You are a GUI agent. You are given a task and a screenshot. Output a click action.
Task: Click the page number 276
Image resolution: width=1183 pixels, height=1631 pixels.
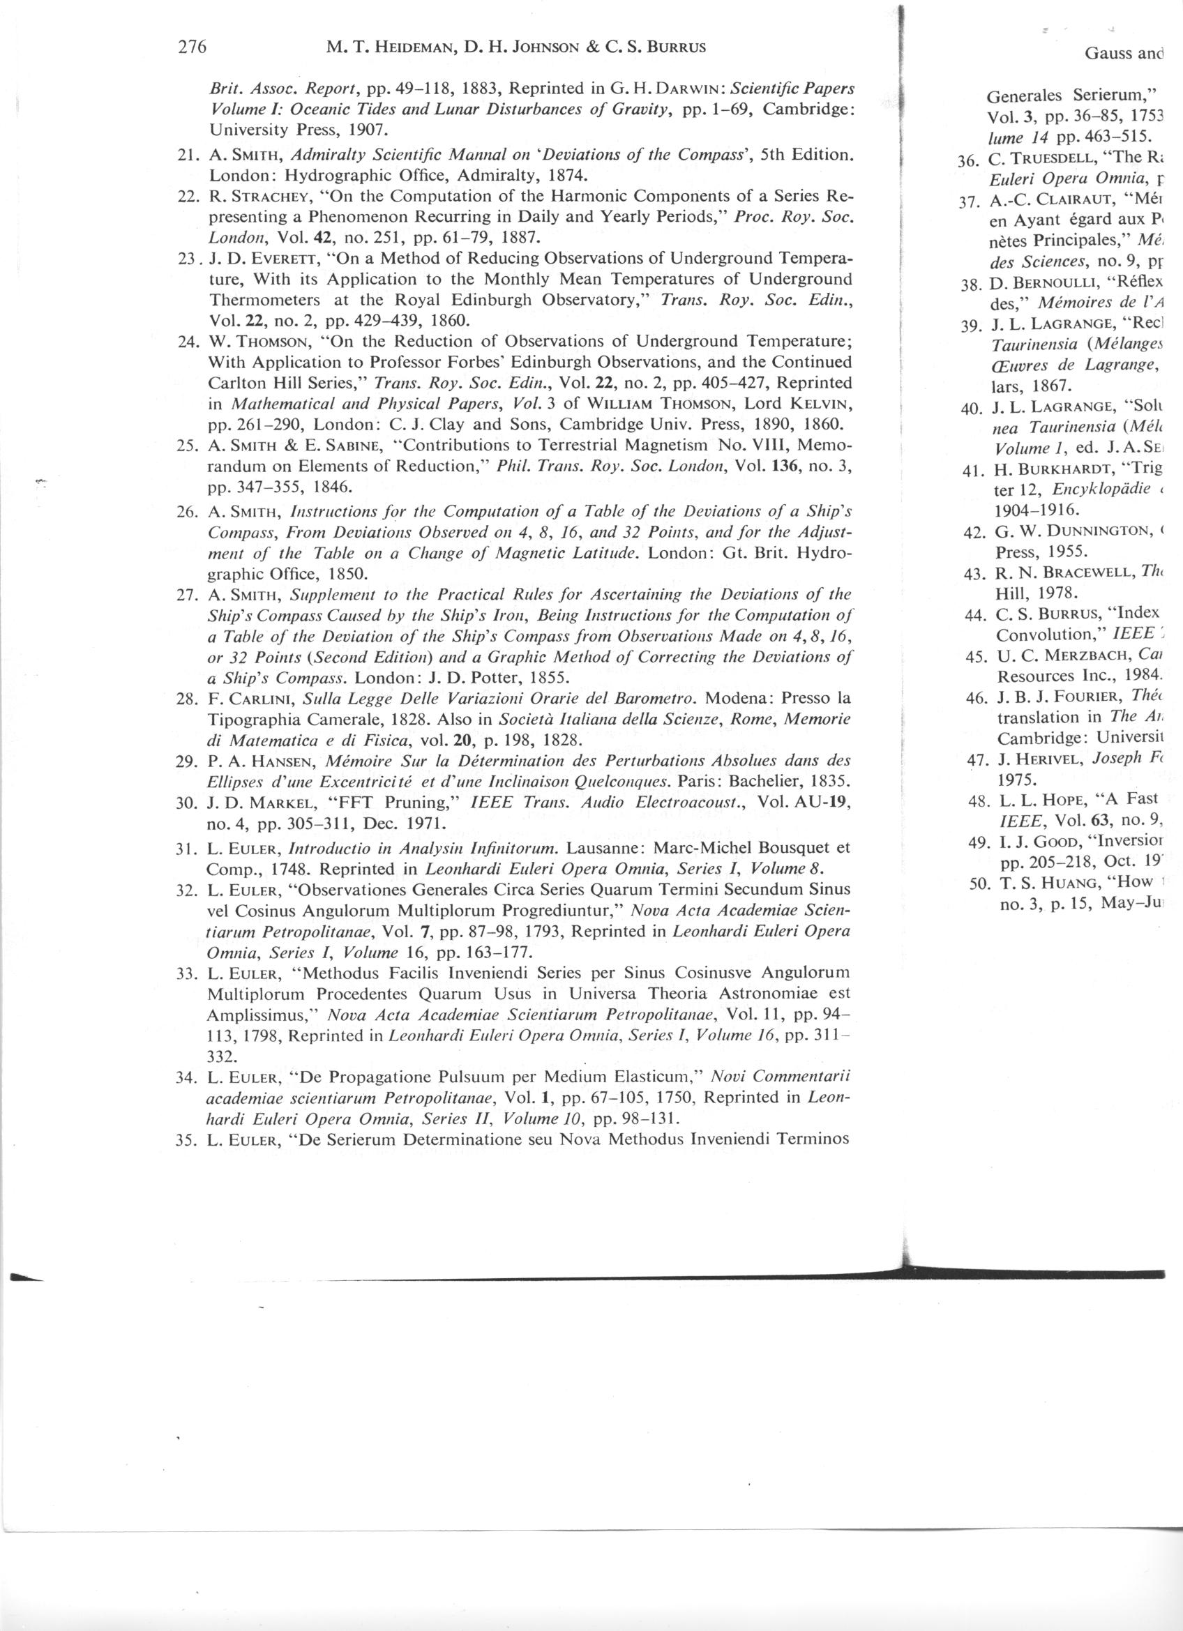pyautogui.click(x=192, y=48)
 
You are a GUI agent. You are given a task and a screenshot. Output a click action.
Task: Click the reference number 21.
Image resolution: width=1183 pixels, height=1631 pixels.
pyautogui.click(x=188, y=155)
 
